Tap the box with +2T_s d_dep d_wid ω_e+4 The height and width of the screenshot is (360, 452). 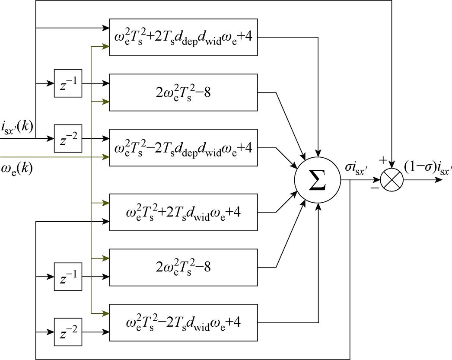[x=184, y=37]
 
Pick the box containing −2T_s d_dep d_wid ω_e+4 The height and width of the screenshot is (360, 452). [x=184, y=147]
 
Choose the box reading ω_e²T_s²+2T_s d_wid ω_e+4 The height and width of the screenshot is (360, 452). [x=184, y=212]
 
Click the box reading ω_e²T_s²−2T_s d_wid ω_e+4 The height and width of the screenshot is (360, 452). [x=184, y=322]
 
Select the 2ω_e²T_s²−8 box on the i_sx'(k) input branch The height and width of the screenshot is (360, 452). [x=184, y=92]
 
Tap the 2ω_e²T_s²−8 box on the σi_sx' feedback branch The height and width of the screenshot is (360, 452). [x=184, y=267]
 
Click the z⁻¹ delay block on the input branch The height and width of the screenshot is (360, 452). [x=67, y=83]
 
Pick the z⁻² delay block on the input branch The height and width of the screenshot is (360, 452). [x=67, y=138]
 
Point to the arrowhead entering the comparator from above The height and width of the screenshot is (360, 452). [x=392, y=164]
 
